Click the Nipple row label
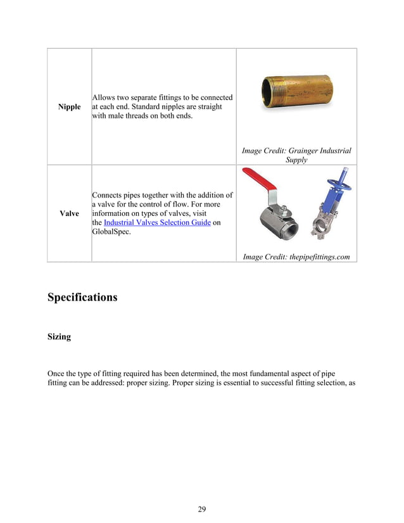[x=69, y=107]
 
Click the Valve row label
[x=69, y=214]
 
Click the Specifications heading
[x=82, y=297]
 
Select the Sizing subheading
[x=59, y=337]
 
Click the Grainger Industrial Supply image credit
[x=296, y=155]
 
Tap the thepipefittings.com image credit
[x=296, y=256]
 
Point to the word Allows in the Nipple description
[x=104, y=98]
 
